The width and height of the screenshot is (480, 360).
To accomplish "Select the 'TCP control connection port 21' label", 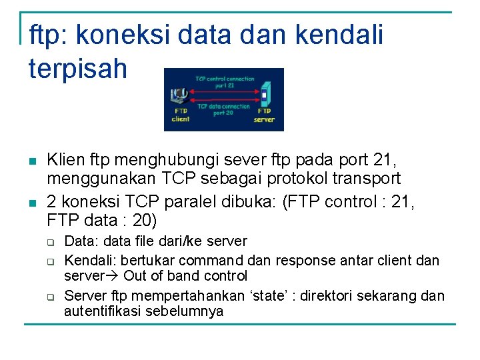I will click(224, 82).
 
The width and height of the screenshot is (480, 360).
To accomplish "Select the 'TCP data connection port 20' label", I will click(223, 109).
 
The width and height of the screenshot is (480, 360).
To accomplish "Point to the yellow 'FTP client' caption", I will click(181, 115).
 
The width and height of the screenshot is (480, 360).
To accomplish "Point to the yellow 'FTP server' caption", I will click(264, 116).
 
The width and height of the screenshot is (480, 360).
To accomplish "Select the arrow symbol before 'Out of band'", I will click(113, 276).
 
